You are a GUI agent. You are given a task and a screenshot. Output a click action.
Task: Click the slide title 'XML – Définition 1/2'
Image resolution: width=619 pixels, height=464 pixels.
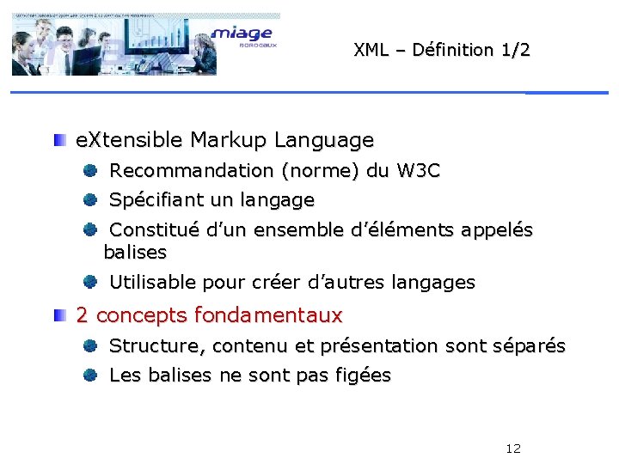click(x=442, y=50)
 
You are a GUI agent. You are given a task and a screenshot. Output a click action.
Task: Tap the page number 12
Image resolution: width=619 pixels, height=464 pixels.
click(x=513, y=449)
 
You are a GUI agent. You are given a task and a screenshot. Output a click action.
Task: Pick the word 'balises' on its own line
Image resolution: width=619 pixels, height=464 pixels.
click(x=135, y=253)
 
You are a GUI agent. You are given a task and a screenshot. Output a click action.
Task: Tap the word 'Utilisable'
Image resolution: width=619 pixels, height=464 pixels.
click(x=153, y=282)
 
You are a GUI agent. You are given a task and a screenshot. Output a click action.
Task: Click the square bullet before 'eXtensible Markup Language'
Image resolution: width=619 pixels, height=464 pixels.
click(x=58, y=139)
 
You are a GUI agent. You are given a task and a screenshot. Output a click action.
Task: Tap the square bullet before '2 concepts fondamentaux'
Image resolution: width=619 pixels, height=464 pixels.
click(x=58, y=315)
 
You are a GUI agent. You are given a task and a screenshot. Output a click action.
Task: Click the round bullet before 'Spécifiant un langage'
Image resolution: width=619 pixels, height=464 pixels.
click(x=89, y=200)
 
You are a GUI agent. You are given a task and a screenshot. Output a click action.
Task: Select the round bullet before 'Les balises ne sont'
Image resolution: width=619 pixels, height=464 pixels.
click(x=89, y=375)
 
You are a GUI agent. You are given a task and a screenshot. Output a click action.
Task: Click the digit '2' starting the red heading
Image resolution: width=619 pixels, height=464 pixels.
click(x=83, y=315)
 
